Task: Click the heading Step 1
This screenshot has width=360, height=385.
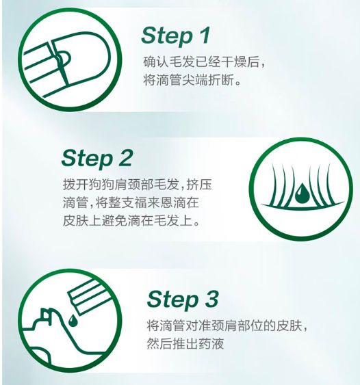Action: click(x=175, y=36)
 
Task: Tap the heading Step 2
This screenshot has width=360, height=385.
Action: click(x=97, y=159)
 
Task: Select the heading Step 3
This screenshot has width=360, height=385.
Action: click(x=183, y=300)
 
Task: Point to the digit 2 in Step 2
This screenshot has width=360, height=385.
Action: click(x=125, y=157)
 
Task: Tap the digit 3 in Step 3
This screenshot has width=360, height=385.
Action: click(x=211, y=299)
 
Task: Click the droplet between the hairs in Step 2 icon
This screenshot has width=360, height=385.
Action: click(x=302, y=193)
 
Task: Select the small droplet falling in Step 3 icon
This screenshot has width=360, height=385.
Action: click(x=73, y=321)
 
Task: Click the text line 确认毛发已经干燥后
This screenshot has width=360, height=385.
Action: click(x=204, y=62)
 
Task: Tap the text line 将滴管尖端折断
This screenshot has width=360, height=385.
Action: click(x=192, y=79)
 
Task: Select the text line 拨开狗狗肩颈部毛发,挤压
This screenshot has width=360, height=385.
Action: click(x=137, y=185)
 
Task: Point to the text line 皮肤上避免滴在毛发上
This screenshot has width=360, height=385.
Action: click(x=131, y=221)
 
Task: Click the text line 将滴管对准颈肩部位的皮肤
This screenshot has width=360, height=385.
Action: click(x=227, y=326)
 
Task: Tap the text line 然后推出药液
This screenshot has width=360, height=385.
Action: click(x=185, y=343)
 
